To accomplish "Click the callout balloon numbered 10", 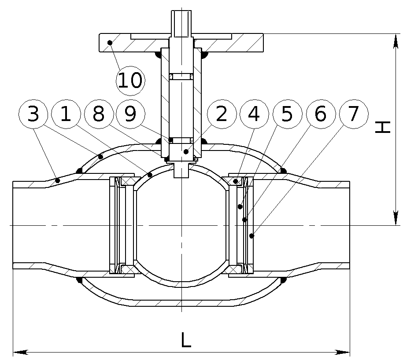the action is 130,81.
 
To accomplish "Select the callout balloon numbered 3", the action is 33,114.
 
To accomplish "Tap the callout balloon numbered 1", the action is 66,114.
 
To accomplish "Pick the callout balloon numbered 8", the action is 99,114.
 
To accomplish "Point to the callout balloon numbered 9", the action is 130,114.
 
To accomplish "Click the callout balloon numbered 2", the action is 222,114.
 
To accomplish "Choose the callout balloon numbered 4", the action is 254,114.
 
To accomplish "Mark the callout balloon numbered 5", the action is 287,114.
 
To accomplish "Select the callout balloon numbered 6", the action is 321,114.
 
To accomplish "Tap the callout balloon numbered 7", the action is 354,114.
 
